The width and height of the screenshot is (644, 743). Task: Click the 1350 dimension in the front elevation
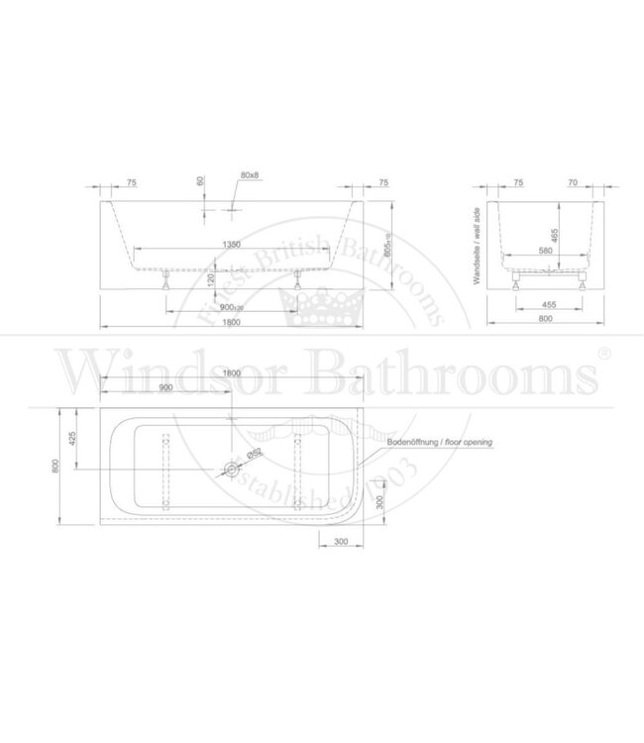pyautogui.click(x=233, y=245)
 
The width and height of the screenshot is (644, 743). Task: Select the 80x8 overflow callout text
pyautogui.click(x=249, y=175)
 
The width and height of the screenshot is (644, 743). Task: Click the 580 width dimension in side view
pyautogui.click(x=545, y=251)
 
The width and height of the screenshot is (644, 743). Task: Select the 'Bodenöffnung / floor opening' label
pyautogui.click(x=439, y=443)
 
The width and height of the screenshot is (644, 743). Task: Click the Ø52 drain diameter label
pyautogui.click(x=254, y=454)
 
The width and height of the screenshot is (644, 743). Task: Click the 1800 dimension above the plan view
pyautogui.click(x=233, y=372)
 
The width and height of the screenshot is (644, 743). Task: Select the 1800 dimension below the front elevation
pyautogui.click(x=233, y=323)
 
